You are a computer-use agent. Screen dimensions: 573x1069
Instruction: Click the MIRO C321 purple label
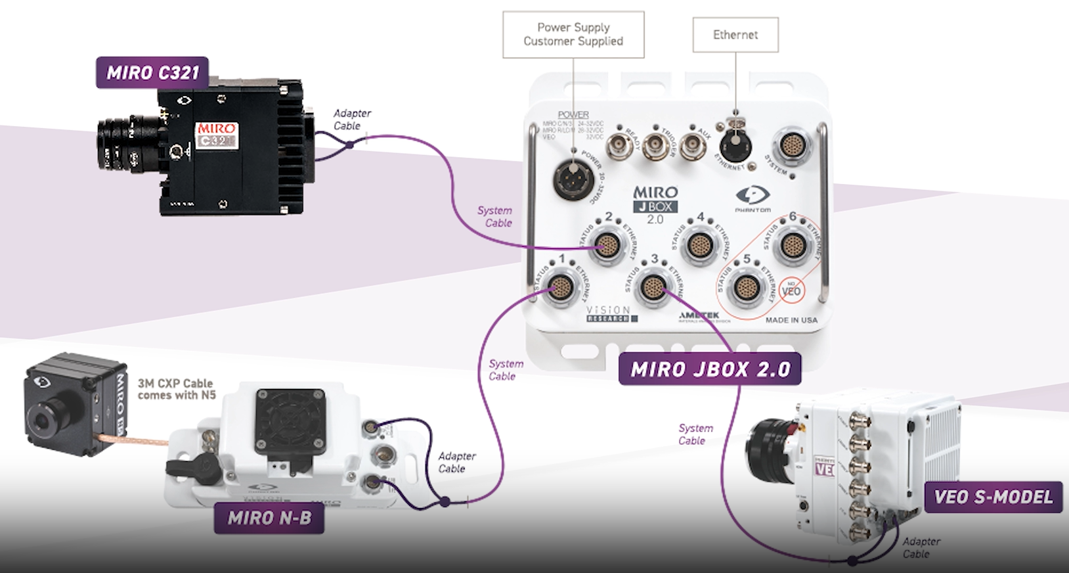pos(152,73)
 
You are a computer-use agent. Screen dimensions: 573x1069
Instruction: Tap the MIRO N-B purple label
pos(269,518)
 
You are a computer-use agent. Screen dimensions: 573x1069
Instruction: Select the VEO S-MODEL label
pos(993,497)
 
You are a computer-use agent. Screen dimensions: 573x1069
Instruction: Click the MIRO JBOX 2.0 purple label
pos(710,369)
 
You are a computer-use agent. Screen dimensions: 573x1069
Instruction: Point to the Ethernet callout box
pos(735,35)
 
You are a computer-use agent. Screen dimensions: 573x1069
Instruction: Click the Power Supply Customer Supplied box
pos(573,34)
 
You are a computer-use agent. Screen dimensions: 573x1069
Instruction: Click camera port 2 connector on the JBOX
pos(608,246)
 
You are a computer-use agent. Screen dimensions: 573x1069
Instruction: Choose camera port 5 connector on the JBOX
pos(746,287)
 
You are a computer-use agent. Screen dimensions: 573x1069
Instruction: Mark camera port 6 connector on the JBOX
pos(792,246)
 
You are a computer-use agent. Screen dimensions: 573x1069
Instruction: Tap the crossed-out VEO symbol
pos(791,290)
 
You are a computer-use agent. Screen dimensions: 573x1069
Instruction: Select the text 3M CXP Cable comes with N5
pos(176,389)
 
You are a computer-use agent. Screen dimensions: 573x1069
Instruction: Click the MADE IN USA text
pos(791,320)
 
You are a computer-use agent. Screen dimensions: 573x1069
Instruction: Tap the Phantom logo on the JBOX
pos(753,196)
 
